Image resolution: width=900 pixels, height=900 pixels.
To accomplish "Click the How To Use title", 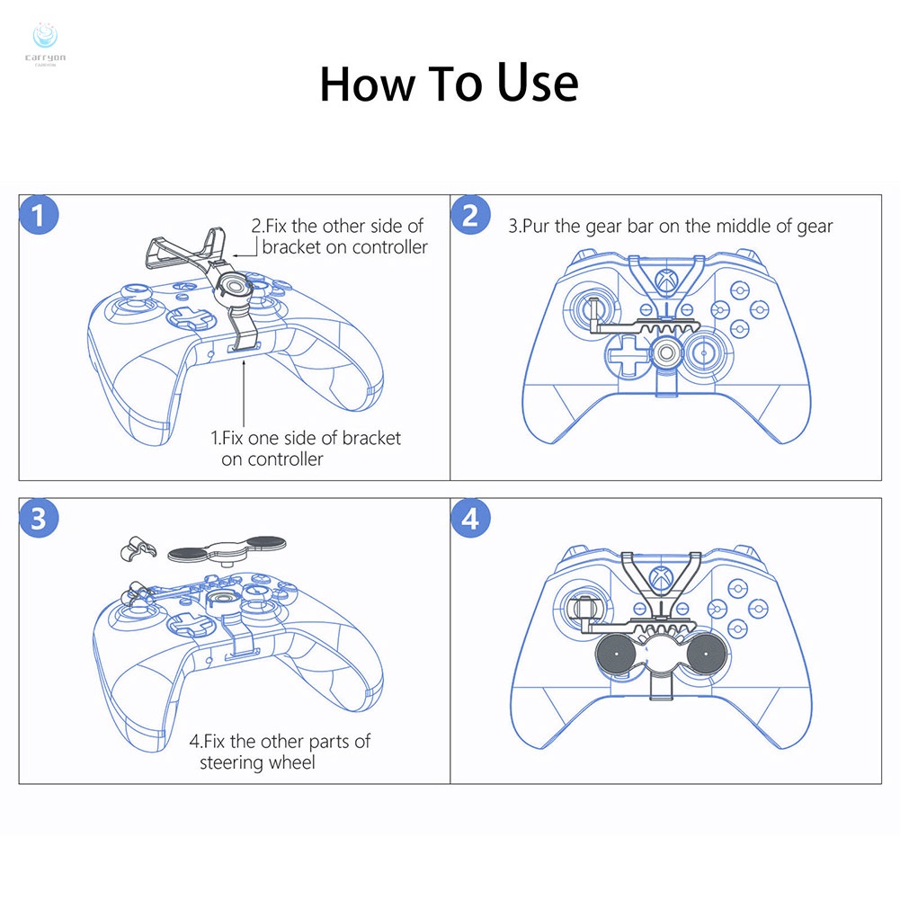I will tap(449, 84).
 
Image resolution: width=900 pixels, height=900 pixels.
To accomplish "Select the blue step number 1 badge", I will tap(38, 217).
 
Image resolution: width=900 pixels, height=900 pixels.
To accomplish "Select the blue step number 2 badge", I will tap(469, 217).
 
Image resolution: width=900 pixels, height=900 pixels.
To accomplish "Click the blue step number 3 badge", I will tap(38, 519).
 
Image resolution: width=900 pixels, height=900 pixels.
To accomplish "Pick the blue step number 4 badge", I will tap(469, 519).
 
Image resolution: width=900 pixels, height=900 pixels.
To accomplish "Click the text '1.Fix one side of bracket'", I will tap(306, 439).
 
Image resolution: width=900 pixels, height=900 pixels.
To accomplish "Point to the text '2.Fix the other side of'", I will tap(337, 227).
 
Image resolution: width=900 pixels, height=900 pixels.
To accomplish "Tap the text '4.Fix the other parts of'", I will tap(280, 742).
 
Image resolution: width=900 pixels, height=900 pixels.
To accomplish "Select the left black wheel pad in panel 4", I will tap(618, 655).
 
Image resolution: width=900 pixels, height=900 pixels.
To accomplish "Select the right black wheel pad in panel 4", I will tap(706, 655).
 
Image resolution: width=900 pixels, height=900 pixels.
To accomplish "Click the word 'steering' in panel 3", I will tap(232, 763).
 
